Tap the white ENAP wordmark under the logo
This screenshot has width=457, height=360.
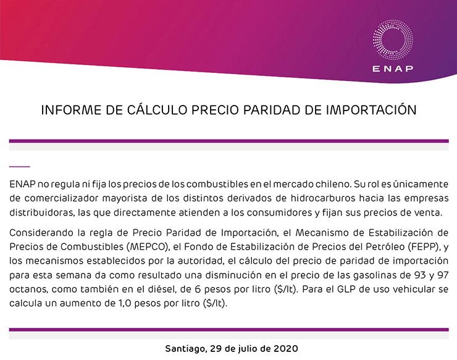(393, 69)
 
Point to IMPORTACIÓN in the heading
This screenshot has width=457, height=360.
(371, 109)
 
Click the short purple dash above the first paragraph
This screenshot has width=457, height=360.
(20, 167)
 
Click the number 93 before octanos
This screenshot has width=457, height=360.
(420, 275)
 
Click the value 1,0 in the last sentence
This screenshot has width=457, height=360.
(125, 303)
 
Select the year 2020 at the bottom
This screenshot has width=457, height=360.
(286, 349)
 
